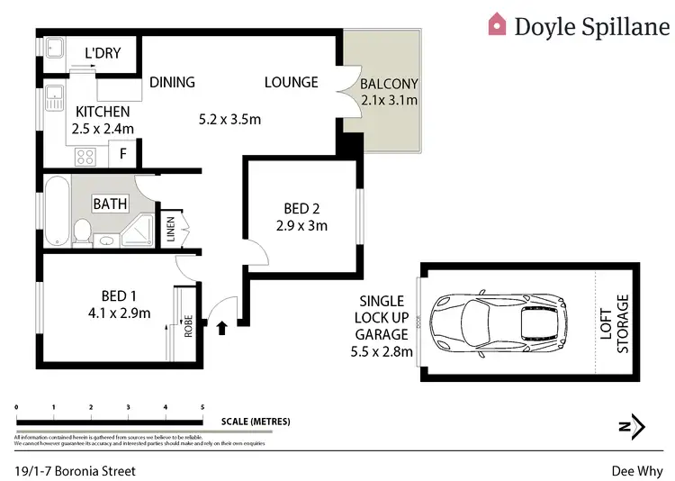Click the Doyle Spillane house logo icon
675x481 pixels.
click(497, 23)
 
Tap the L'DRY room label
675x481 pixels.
click(103, 54)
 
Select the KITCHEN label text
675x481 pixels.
click(103, 112)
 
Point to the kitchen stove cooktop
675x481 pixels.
click(85, 156)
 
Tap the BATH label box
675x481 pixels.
click(111, 204)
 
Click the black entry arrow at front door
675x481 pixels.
click(223, 330)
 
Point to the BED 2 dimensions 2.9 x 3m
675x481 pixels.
click(301, 225)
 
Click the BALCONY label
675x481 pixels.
click(389, 85)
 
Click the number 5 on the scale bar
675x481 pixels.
click(202, 408)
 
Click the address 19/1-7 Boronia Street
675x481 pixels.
click(76, 469)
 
